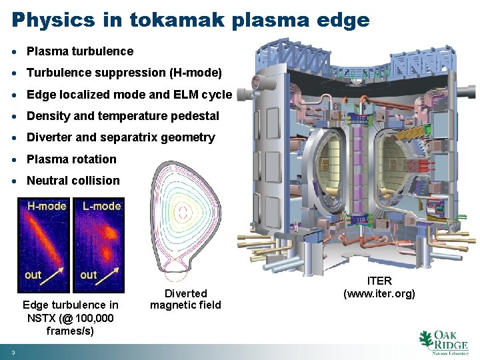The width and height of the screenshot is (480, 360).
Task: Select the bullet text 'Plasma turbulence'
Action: coord(80,51)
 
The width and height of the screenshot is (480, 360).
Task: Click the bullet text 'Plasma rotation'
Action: coord(71,159)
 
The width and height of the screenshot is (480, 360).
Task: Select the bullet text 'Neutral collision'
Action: coord(73,181)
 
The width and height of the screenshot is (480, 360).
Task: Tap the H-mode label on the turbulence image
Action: coord(46,206)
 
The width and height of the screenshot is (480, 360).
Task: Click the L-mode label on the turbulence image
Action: coord(101,206)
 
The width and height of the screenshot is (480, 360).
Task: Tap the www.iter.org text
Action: coord(379,293)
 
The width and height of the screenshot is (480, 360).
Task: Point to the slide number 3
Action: coord(13,352)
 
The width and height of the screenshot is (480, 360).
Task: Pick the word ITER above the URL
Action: coord(379,281)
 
